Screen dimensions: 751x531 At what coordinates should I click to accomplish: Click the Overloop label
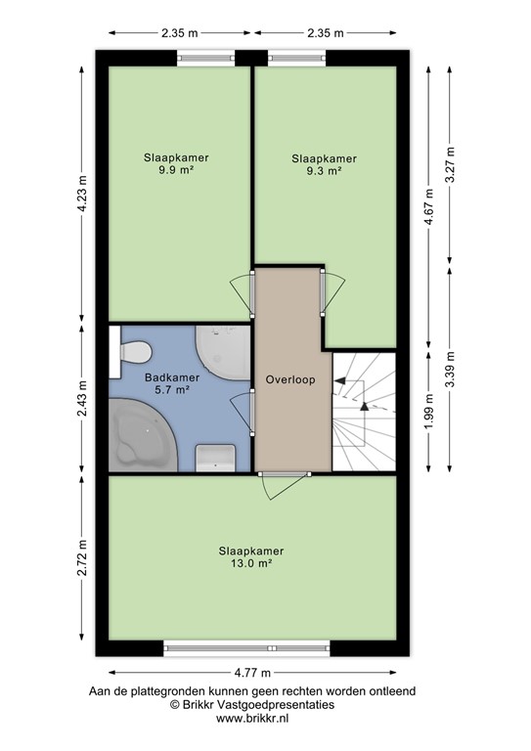290,379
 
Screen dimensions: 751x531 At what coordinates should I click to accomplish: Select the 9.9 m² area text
176,169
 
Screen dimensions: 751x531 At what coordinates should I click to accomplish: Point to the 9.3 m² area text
324,170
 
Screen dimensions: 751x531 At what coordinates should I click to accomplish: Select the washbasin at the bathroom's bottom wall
215,457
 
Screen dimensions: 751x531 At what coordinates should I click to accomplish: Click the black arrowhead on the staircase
361,401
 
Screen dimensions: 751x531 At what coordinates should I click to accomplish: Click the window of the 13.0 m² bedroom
248,646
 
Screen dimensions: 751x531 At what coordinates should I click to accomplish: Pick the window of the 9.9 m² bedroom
205,58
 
